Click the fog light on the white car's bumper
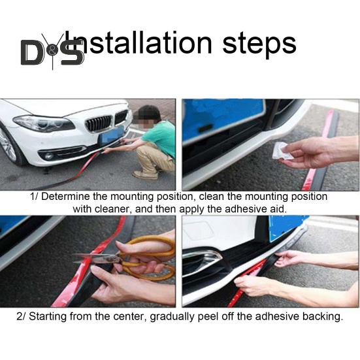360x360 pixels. [x=49, y=155]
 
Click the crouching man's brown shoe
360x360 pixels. [x=144, y=174]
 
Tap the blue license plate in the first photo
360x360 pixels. [x=111, y=135]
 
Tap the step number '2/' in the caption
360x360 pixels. [x=22, y=317]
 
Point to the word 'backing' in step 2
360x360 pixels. [x=320, y=317]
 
